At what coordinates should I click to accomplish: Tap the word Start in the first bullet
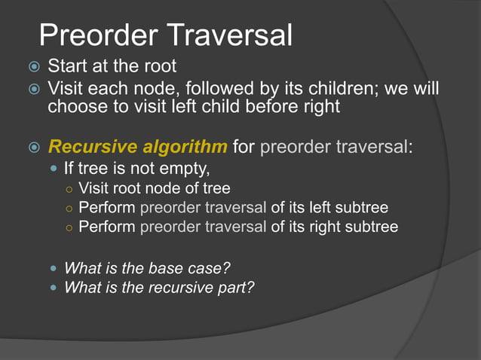67,66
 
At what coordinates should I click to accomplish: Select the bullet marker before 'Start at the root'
33,67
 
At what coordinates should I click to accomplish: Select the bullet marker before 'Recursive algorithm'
33,145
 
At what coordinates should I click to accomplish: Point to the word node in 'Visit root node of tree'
165,188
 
